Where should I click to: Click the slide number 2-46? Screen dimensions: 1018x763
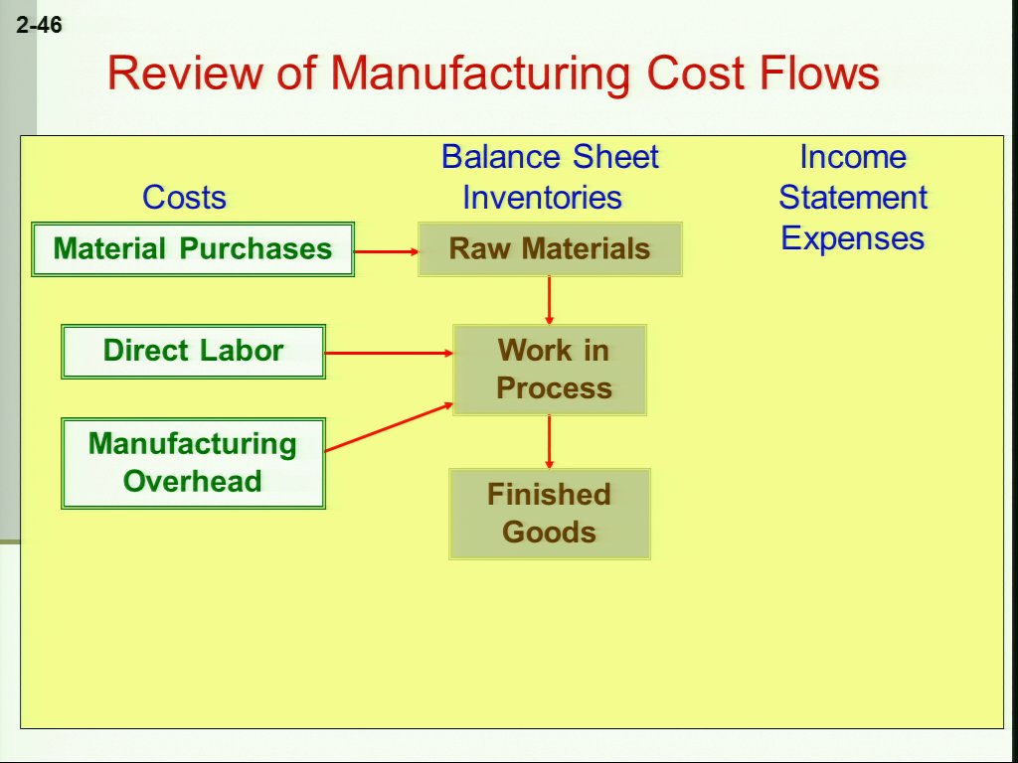click(39, 25)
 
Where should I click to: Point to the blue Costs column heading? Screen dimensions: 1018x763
click(184, 197)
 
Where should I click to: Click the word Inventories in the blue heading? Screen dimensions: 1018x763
click(542, 197)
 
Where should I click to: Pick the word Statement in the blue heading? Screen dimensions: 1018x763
click(853, 197)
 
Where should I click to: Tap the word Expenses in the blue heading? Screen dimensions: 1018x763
click(852, 238)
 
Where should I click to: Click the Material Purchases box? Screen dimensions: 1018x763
click(193, 249)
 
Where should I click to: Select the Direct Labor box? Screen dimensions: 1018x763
click(194, 352)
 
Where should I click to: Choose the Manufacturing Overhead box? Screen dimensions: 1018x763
click(194, 463)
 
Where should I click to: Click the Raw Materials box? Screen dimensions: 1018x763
click(550, 249)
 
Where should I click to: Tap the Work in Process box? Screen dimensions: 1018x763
click(550, 370)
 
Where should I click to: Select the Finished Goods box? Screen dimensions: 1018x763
click(550, 514)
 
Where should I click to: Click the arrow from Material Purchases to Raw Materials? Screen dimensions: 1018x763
click(387, 251)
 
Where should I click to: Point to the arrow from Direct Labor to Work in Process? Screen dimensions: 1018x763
click(389, 353)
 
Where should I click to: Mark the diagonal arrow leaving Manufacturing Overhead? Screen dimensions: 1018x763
click(389, 426)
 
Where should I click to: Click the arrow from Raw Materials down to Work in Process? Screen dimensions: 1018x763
click(549, 300)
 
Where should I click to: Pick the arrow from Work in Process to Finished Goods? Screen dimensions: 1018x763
click(549, 442)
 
